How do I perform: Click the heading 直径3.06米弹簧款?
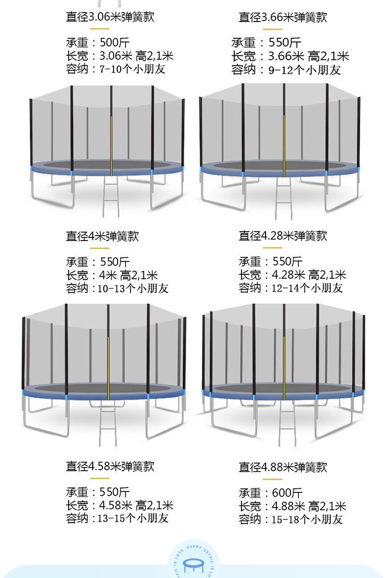110,17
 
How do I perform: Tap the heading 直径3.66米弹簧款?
283,17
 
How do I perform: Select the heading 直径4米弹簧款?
102,236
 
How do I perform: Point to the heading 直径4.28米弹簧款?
283,236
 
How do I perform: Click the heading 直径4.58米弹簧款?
110,466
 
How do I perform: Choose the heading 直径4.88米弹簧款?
283,467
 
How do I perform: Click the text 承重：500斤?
98,43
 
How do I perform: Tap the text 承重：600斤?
270,493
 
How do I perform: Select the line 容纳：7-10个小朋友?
116,69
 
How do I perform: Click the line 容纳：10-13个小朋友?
117,288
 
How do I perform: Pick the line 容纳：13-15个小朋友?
117,518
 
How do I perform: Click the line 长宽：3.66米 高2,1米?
290,56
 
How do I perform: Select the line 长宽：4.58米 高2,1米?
120,506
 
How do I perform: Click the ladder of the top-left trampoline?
111,196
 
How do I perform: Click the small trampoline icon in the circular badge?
193,566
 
